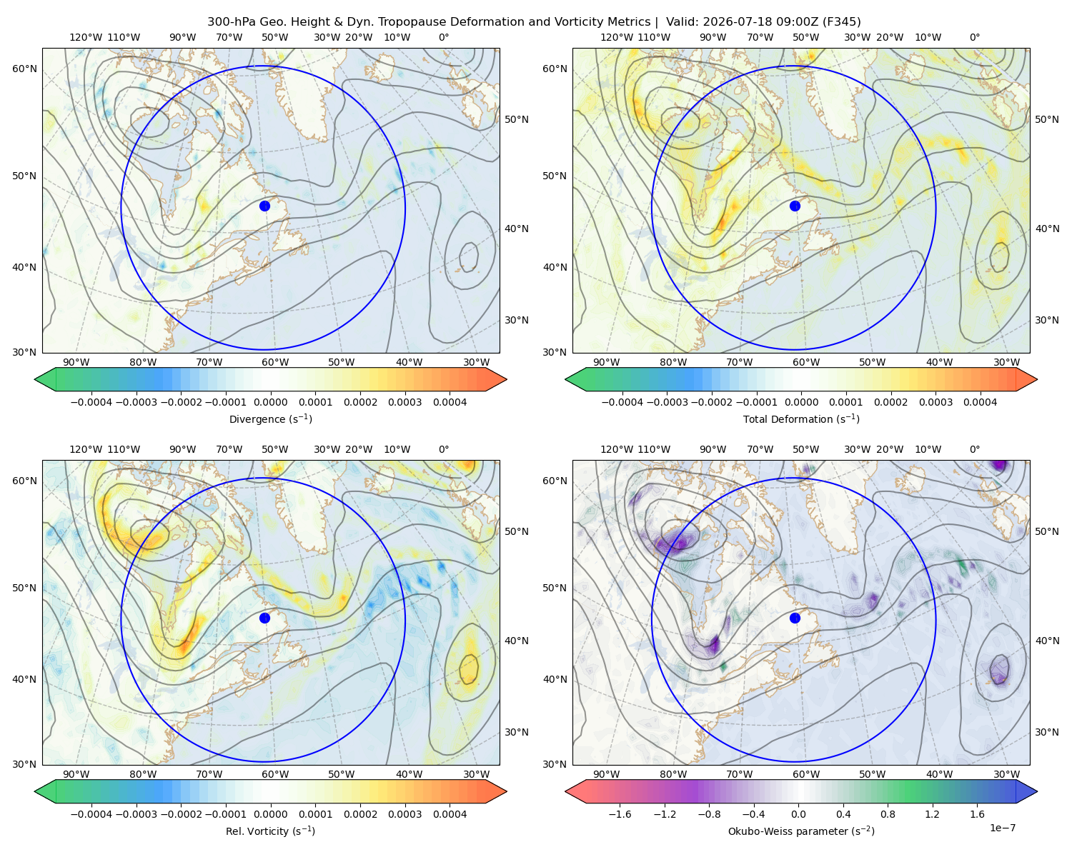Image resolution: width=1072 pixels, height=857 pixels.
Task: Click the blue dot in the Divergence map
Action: click(264, 206)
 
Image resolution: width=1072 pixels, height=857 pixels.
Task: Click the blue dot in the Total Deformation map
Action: click(795, 206)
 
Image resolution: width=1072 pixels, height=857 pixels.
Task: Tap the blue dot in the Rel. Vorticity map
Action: click(264, 618)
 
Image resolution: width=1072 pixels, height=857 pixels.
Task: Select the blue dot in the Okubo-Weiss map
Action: click(795, 618)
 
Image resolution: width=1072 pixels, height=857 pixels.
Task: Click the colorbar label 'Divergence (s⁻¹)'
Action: click(270, 419)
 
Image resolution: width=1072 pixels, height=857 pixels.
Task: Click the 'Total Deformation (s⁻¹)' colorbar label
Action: click(801, 419)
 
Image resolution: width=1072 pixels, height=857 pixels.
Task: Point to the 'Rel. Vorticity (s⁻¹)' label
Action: click(270, 831)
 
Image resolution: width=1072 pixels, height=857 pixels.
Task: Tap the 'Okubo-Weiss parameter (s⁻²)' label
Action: click(801, 831)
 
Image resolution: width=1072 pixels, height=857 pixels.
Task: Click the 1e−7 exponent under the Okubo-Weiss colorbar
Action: click(1002, 828)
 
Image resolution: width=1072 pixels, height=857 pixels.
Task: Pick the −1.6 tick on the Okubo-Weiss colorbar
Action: click(620, 814)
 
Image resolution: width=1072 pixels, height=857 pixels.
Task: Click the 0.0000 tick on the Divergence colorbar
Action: click(270, 402)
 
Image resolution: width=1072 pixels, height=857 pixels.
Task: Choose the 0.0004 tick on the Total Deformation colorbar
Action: click(981, 402)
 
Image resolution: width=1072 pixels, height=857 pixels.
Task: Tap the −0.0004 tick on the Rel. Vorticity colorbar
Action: click(91, 814)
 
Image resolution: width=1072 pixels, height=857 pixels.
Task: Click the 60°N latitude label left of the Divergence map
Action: click(24, 69)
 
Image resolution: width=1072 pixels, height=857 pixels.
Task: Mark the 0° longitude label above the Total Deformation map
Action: click(974, 37)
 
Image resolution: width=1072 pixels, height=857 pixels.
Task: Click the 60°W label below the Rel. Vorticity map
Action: click(275, 774)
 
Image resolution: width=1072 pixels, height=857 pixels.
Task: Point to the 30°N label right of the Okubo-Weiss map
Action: click(1047, 732)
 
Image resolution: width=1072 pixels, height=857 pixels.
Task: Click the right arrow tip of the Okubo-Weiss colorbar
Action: click(1037, 791)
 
